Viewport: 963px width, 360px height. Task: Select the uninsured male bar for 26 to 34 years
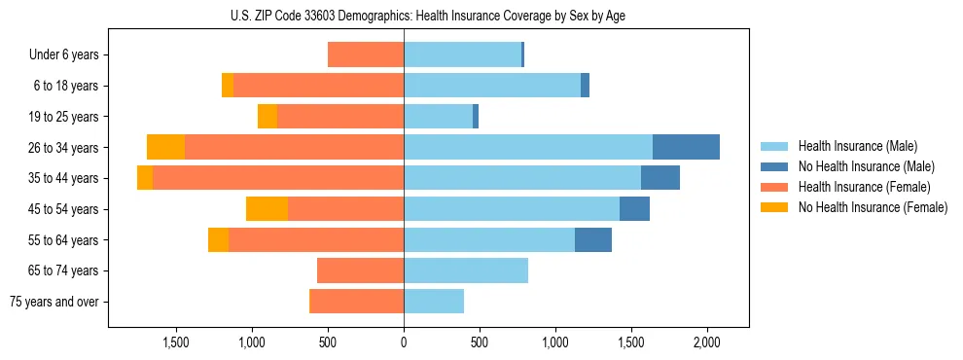click(686, 147)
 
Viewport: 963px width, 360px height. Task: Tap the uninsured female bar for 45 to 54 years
click(267, 208)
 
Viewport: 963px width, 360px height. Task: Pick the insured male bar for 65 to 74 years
click(466, 270)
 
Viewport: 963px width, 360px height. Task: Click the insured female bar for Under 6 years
click(366, 54)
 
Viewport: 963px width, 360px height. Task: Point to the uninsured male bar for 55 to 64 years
click(593, 239)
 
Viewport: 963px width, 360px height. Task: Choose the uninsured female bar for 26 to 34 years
click(165, 147)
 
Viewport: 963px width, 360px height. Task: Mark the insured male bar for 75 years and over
click(434, 302)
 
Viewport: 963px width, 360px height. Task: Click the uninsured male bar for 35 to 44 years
click(660, 178)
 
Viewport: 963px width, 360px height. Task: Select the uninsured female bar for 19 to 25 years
click(267, 117)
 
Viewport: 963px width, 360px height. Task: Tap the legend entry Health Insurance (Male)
click(857, 146)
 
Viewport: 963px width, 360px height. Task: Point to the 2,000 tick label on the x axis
click(707, 342)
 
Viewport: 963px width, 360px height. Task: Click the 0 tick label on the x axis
click(404, 342)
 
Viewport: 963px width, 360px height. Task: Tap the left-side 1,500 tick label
click(176, 342)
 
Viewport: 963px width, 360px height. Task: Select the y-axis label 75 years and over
click(53, 302)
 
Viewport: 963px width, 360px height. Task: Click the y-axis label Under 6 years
click(64, 54)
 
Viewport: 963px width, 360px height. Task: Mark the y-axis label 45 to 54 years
click(65, 208)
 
